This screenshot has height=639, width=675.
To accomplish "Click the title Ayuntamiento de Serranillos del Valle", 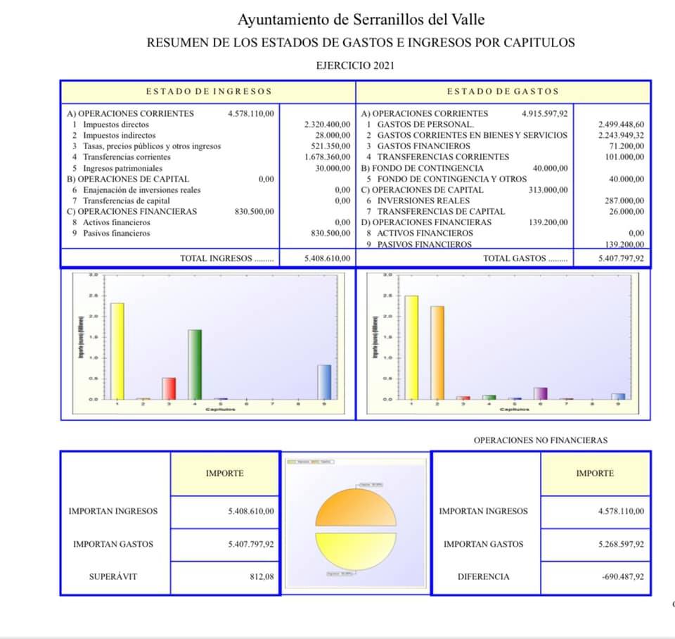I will point(361,20).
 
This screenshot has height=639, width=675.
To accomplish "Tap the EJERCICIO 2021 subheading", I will point(356,65).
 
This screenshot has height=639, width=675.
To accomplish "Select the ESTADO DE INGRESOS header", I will point(209,91).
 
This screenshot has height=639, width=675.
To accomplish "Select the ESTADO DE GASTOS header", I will point(503,91).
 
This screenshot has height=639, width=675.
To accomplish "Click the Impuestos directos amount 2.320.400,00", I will point(327,125).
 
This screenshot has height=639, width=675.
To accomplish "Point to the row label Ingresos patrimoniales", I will point(122,168).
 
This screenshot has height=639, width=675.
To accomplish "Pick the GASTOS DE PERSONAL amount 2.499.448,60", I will point(621,124).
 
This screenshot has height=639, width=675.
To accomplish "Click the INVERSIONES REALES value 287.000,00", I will point(624,201).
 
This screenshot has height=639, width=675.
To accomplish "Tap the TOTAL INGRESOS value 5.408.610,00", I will point(327,258).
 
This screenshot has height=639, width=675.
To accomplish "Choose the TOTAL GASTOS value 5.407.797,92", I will point(621,258).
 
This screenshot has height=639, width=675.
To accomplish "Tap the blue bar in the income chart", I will point(324,381).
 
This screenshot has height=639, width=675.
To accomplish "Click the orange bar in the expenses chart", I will point(437,353).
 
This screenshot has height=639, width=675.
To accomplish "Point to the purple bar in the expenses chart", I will point(540,393).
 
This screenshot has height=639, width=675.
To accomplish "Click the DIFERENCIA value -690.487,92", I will point(622,576).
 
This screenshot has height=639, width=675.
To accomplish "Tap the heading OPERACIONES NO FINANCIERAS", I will point(540,441).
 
